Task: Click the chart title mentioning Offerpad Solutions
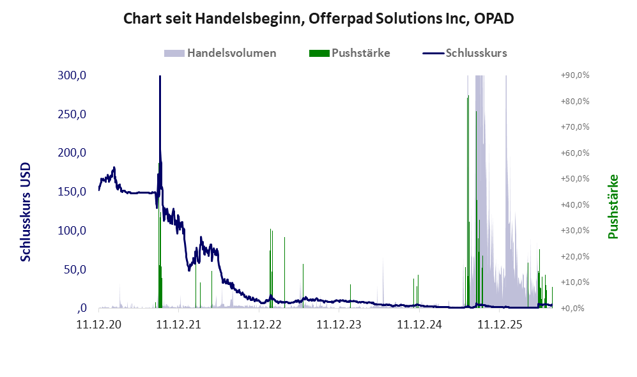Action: (318, 19)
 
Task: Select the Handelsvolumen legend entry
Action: (220, 53)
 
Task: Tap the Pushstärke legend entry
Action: (349, 53)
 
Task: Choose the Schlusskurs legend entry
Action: (464, 53)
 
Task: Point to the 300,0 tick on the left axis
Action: (72, 75)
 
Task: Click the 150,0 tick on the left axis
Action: (72, 191)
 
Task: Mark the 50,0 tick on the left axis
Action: (75, 270)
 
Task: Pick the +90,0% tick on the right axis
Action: (575, 75)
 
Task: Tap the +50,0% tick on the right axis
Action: (575, 179)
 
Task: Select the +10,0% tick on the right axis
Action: (575, 282)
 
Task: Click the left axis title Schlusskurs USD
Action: (25, 212)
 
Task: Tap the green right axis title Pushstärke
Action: (613, 206)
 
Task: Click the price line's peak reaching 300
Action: (160, 76)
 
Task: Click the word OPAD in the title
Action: (494, 19)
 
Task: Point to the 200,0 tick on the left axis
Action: (72, 153)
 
